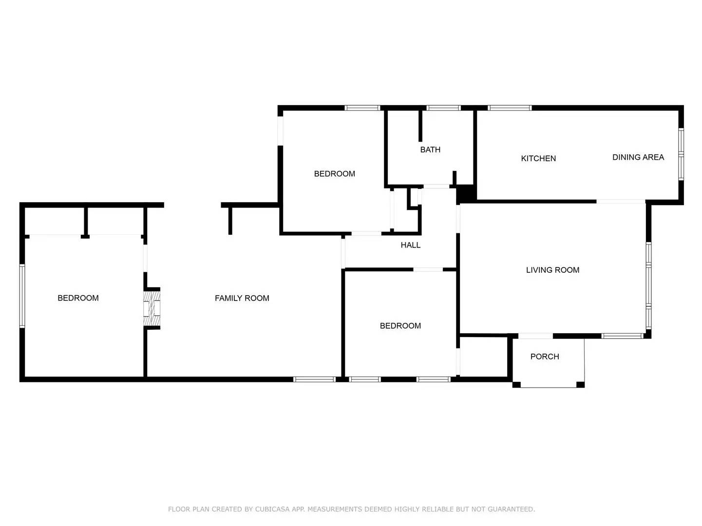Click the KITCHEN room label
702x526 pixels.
click(538, 158)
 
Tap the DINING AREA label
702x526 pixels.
click(638, 157)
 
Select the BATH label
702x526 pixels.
click(430, 150)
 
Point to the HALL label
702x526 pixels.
click(410, 245)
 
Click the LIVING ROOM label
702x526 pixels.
click(552, 270)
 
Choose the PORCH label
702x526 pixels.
click(544, 357)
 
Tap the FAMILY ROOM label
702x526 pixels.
click(242, 298)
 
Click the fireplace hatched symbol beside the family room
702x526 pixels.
click(152, 308)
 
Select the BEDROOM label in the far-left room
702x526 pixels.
click(78, 298)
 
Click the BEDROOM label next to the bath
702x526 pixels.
click(334, 174)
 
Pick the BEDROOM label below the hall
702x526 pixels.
click(400, 326)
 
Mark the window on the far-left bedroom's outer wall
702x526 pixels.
click(22, 296)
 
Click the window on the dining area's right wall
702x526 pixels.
click(681, 154)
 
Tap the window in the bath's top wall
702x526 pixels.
click(443, 108)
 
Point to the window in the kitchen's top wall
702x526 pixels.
click(510, 108)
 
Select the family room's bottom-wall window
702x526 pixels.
click(314, 379)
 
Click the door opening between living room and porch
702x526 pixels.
click(535, 336)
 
